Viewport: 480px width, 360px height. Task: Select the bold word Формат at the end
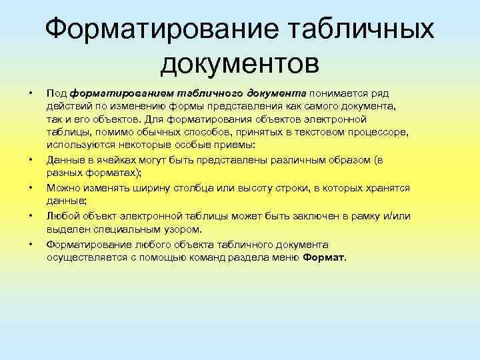(324, 257)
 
